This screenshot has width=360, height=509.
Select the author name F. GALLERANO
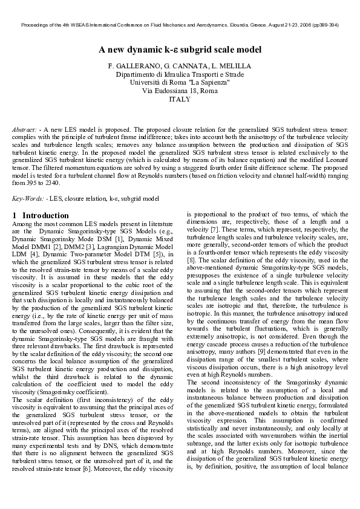pos(130,65)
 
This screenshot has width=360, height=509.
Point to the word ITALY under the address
pos(180,99)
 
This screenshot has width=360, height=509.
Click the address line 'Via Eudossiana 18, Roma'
pos(180,91)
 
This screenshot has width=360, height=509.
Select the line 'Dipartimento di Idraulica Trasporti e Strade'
pos(180,74)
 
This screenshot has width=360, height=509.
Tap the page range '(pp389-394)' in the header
pos(324,25)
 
